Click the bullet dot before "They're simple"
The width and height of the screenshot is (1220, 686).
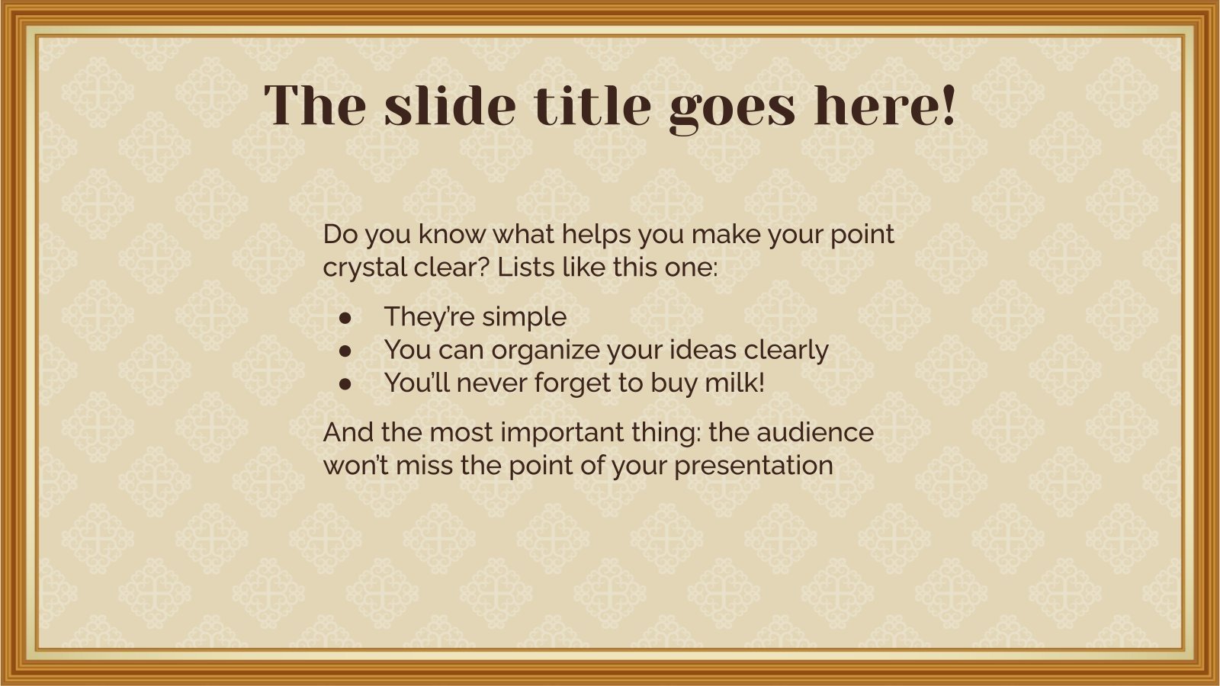pyautogui.click(x=345, y=317)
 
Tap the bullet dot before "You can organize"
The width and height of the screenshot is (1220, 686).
pyautogui.click(x=345, y=350)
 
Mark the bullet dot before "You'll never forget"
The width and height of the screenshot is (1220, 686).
pyautogui.click(x=345, y=383)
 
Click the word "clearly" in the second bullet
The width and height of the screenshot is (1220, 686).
pyautogui.click(x=786, y=351)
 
